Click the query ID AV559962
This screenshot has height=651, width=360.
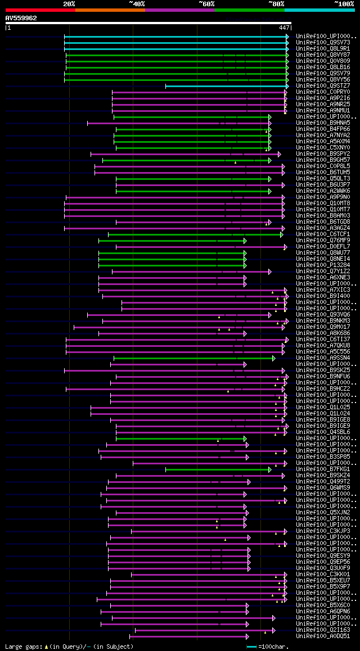[x=21, y=18]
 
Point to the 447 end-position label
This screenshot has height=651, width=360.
[x=284, y=27]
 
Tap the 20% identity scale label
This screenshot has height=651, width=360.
[x=69, y=4]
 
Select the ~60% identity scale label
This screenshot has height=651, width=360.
[x=206, y=4]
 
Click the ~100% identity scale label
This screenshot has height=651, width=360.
[x=344, y=4]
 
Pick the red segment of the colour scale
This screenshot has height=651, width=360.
[x=40, y=10]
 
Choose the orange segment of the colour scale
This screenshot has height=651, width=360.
[x=110, y=10]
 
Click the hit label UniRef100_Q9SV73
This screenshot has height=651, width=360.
[x=323, y=42]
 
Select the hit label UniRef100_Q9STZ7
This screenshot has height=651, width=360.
[x=323, y=85]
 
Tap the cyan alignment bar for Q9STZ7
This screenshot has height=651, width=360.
[x=225, y=86]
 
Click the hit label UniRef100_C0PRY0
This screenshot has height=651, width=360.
[x=323, y=92]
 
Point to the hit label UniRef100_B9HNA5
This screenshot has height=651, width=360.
[x=323, y=123]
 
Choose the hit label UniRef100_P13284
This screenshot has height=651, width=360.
[x=323, y=265]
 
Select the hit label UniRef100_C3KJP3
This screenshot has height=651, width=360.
[x=323, y=531]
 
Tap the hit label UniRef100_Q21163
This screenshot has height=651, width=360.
[x=323, y=630]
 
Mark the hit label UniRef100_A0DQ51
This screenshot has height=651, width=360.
[x=323, y=636]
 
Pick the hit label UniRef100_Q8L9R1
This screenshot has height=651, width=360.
[x=323, y=48]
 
